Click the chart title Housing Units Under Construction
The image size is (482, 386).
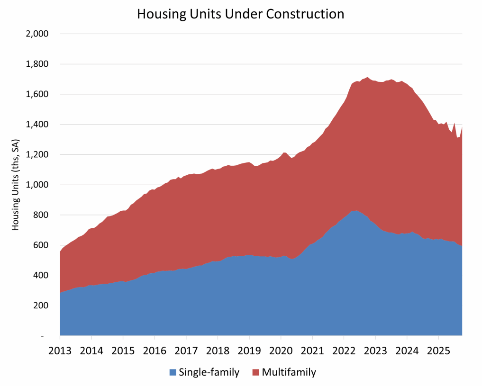coord(240,14)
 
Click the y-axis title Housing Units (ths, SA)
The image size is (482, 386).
coord(15,185)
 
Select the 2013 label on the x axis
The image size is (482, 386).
coord(60,351)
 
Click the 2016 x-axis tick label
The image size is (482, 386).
coord(155,351)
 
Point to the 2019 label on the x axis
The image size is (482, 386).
coord(249,351)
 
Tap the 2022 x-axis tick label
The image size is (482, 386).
coord(344,351)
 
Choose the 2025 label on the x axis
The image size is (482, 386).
coord(438,351)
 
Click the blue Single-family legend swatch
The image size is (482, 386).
coord(173,372)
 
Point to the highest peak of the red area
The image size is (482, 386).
coord(368,77)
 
